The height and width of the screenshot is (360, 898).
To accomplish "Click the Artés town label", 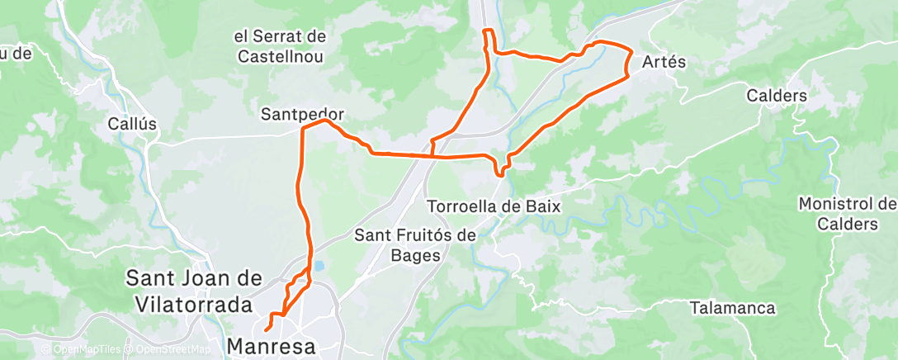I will [x=664, y=63].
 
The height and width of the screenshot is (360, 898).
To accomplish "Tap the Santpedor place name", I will [x=302, y=113].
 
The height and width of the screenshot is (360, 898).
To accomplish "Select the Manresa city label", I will [x=272, y=346].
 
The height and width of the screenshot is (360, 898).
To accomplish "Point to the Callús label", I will [x=132, y=124].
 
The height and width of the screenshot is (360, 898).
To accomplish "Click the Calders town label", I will [x=776, y=96].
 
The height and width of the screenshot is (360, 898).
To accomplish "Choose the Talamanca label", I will [x=734, y=308].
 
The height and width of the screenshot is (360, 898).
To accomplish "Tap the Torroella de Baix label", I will [x=494, y=206].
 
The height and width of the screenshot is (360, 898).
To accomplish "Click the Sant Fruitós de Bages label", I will [x=415, y=245].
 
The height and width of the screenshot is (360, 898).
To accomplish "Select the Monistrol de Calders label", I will [x=848, y=214].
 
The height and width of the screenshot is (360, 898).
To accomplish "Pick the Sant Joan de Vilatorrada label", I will [x=189, y=291].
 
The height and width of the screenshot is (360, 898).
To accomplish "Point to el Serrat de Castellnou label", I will [x=280, y=47].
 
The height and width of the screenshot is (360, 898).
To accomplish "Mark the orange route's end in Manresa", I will [x=266, y=331].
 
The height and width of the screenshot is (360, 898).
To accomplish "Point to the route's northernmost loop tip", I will [x=488, y=31].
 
